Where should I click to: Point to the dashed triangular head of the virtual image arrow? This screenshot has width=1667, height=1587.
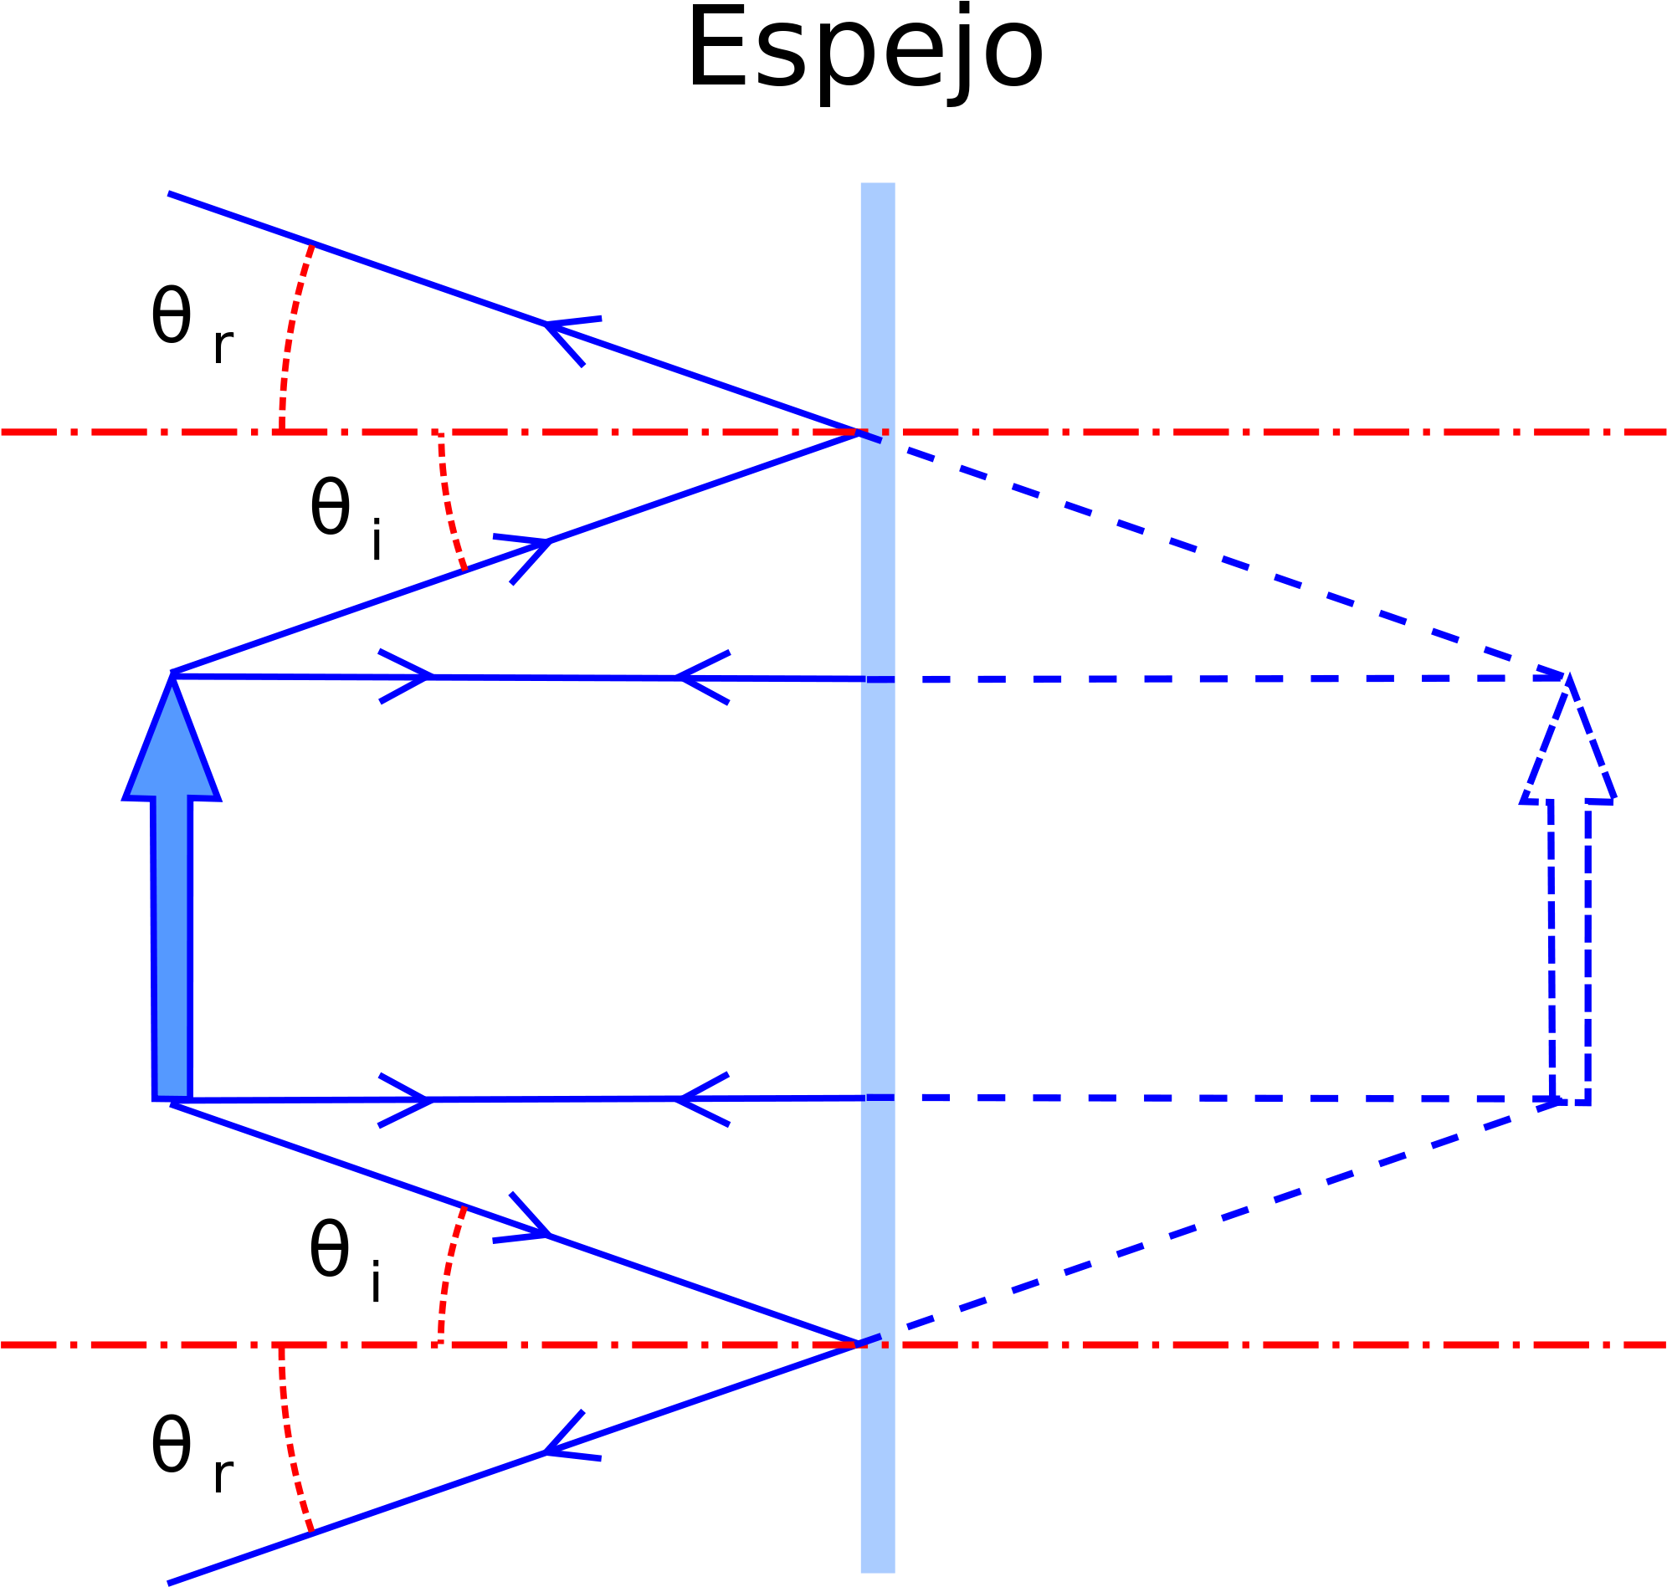pos(1568,739)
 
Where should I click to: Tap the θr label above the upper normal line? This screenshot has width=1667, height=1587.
pos(192,325)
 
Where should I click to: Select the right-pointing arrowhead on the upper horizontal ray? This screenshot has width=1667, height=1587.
pos(405,677)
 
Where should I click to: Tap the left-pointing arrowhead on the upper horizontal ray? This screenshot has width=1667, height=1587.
pos(702,678)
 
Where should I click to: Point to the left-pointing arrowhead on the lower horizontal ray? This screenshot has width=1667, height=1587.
pos(702,1100)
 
